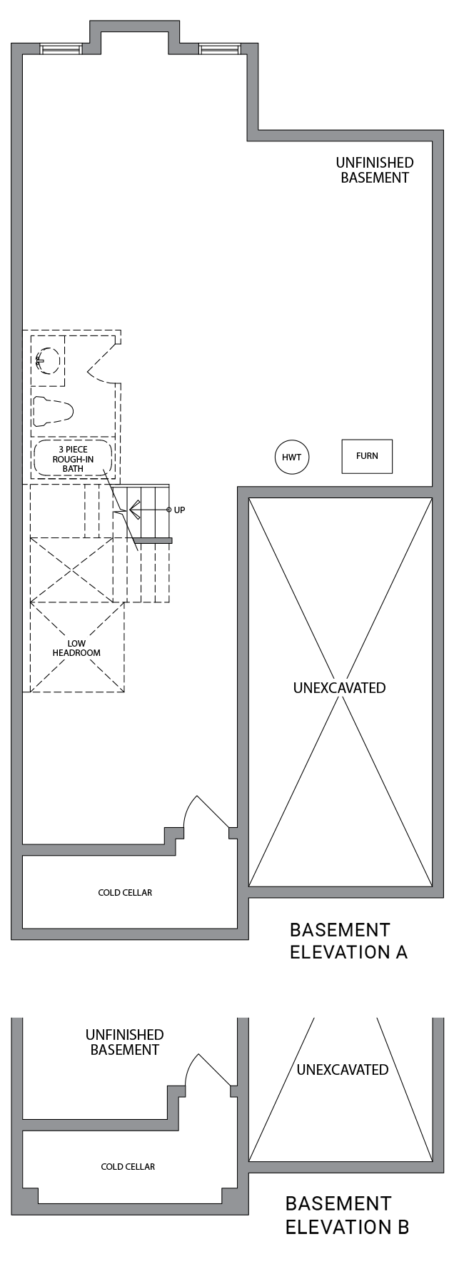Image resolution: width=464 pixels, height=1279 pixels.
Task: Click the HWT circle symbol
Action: point(292,456)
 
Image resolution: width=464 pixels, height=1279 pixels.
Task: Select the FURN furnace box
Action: point(367,456)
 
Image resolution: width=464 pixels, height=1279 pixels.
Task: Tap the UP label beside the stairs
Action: point(179,510)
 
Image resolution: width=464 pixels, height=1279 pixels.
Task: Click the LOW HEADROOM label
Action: point(76,648)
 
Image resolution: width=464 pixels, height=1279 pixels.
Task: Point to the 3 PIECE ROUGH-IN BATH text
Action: point(73,459)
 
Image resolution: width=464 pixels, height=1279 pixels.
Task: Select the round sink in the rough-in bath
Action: point(47,360)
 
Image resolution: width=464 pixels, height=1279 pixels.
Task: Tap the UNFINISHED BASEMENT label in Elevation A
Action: point(374,170)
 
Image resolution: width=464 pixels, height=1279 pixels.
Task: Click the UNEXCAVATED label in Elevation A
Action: point(339,688)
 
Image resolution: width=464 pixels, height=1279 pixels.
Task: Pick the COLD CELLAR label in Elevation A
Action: point(125,892)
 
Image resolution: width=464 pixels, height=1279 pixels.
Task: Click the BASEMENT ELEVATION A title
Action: point(348,941)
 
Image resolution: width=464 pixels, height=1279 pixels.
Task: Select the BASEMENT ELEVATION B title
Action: point(347,1215)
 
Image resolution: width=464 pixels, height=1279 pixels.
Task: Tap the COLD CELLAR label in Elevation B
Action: point(128,1166)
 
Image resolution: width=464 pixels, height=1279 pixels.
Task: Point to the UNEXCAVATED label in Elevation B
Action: point(343,1069)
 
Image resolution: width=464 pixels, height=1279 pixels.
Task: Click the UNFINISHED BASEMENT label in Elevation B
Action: point(125,1042)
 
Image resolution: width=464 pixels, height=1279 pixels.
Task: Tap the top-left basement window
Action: point(61,49)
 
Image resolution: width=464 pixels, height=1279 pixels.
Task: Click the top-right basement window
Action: point(221,49)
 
